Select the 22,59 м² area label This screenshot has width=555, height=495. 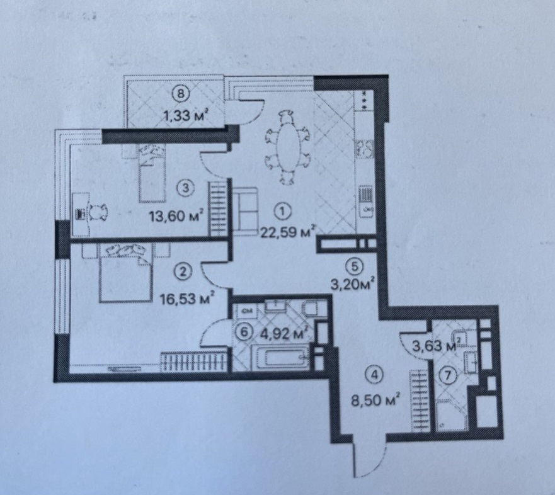(287, 231)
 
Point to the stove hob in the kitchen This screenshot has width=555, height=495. (364, 150)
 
